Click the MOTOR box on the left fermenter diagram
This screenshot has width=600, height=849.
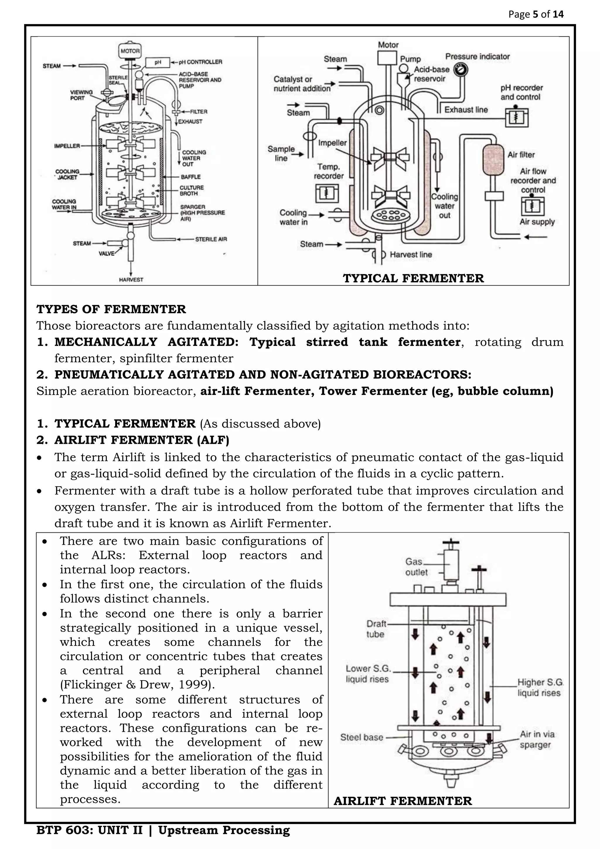coord(130,51)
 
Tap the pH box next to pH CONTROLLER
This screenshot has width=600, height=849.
coord(158,62)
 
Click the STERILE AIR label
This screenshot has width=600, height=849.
coord(211,239)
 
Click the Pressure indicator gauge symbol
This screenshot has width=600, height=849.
coord(461,69)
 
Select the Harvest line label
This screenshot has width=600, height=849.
coord(411,254)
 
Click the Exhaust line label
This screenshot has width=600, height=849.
coord(466,110)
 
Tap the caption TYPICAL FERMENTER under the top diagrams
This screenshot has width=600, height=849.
coord(413,278)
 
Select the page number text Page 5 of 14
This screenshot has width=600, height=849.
coord(536,14)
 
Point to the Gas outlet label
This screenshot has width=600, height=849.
coord(416,567)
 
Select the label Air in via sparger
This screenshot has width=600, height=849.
coord(537,740)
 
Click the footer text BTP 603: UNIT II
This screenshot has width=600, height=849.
coord(89,830)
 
